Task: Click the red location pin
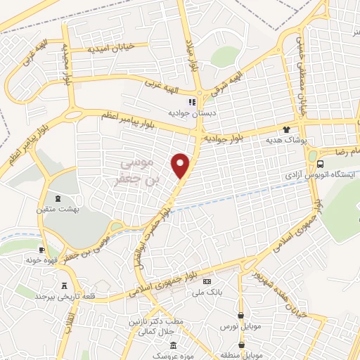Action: coord(181,165)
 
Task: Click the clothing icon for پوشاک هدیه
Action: coord(286,129)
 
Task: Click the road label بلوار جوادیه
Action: coord(228,139)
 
